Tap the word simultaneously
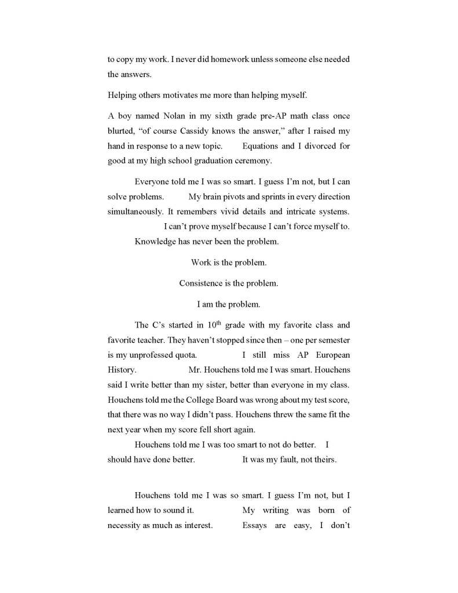tap(134, 212)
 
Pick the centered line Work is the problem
tap(229, 263)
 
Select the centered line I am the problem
tap(229, 304)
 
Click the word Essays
tap(255, 526)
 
